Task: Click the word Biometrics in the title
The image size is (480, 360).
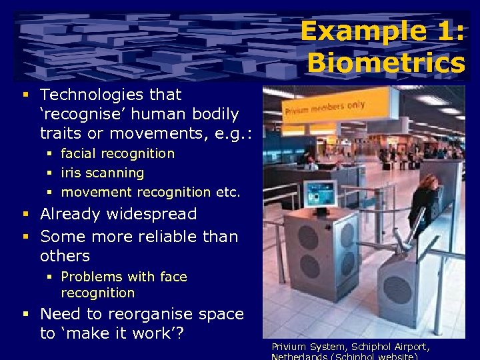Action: tap(386, 63)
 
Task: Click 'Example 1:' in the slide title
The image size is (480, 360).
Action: tap(382, 31)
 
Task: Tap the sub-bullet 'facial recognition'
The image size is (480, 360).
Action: tap(117, 153)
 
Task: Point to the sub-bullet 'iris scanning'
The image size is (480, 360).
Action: tap(102, 173)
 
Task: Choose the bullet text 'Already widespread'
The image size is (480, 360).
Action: tap(119, 214)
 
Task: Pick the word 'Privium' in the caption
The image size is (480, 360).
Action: tap(287, 347)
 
